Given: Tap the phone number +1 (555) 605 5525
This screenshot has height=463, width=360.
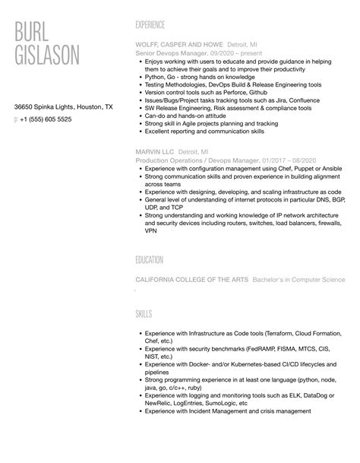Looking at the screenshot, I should point(46,119).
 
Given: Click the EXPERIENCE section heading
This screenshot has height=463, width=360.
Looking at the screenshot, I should point(151,24).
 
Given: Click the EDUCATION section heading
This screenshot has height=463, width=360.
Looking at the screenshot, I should point(149,260).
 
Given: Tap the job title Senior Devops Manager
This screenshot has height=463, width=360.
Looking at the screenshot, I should point(168,53).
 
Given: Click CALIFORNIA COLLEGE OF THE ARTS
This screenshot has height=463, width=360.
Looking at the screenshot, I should point(191,280).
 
